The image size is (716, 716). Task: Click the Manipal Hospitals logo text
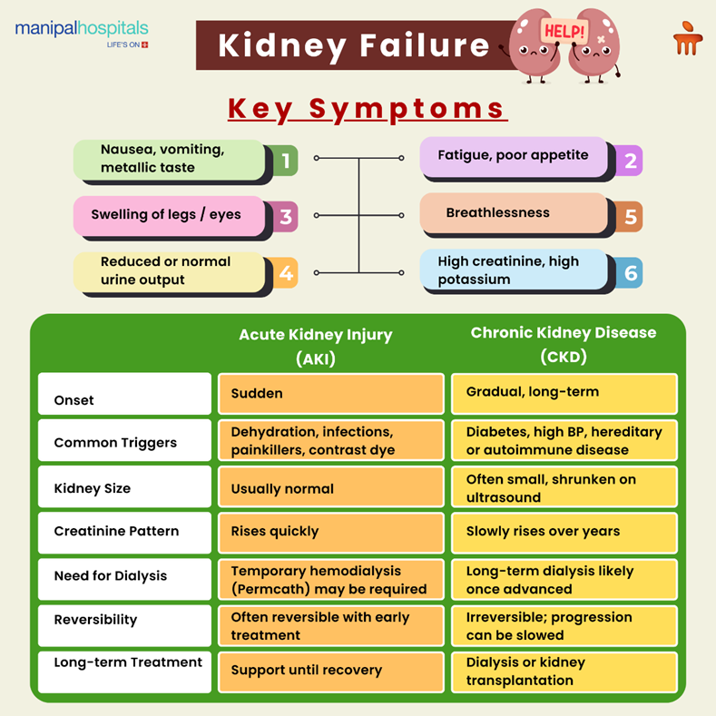(82, 30)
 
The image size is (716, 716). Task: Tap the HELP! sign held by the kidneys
(564, 31)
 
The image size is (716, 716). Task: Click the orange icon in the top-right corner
(686, 39)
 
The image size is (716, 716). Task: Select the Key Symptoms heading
(367, 108)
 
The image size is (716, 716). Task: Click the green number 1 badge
(284, 162)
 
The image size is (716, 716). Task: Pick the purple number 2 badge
(629, 161)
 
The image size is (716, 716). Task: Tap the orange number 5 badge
(629, 217)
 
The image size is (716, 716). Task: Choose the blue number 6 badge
(629, 273)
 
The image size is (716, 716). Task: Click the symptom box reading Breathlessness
(513, 214)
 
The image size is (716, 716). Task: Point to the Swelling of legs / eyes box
(169, 216)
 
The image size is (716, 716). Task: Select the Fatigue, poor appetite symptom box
(513, 156)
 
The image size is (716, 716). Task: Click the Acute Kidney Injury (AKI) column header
(315, 346)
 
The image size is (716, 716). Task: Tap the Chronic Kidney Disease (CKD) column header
(563, 344)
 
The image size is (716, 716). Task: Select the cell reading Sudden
(330, 394)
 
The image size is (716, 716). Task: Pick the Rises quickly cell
(330, 532)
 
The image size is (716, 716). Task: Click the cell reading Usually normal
(330, 488)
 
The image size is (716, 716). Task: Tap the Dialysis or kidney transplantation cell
(564, 672)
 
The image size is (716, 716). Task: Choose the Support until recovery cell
(330, 671)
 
